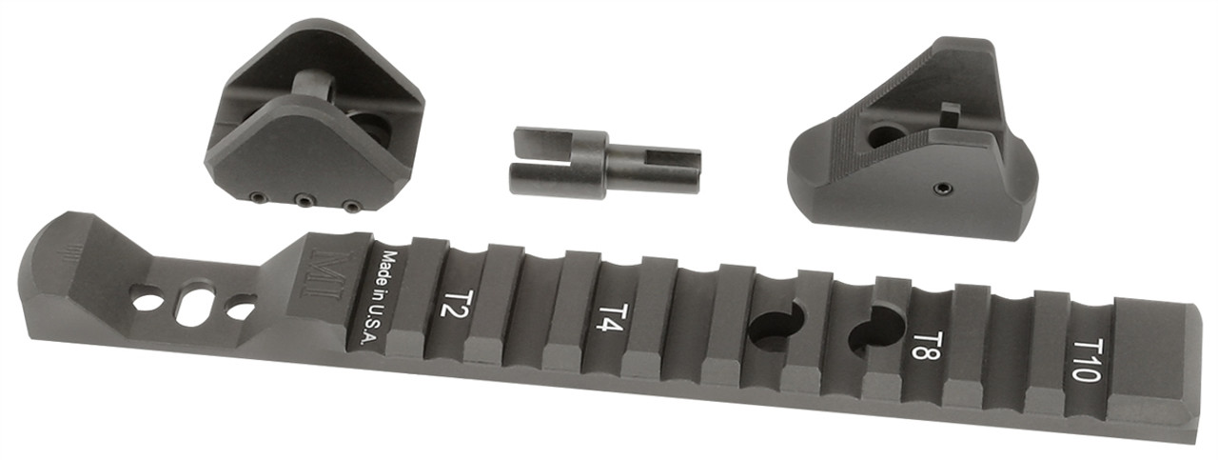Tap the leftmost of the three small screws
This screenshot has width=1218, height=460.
[x=257, y=197]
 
